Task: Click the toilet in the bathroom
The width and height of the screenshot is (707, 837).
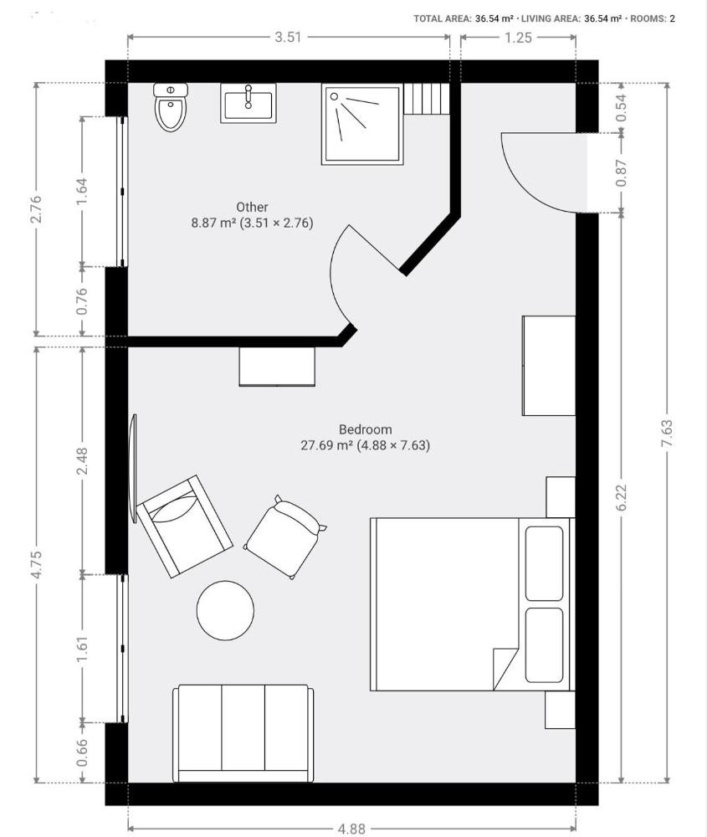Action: (171, 107)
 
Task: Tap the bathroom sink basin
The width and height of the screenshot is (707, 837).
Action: (248, 103)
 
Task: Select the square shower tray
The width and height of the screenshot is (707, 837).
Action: (362, 125)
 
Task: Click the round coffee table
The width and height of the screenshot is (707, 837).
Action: (225, 610)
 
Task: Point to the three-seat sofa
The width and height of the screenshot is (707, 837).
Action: (243, 733)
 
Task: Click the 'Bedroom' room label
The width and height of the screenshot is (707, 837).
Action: (366, 429)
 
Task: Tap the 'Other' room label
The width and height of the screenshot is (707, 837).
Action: (252, 207)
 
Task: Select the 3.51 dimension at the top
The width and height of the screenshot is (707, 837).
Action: (288, 37)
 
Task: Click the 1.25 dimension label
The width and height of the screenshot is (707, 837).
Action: (518, 37)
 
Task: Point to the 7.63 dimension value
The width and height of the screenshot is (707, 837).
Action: (667, 433)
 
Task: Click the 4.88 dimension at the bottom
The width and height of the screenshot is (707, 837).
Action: (351, 829)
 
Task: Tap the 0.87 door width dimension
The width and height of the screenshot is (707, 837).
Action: (622, 173)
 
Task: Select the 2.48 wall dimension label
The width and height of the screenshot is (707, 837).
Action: (82, 460)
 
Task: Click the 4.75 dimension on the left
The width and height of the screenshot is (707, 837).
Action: (36, 564)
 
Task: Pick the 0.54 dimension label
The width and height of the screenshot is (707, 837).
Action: (622, 108)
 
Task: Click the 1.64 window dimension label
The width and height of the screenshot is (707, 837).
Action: (82, 191)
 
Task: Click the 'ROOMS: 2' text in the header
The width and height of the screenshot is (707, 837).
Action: (653, 18)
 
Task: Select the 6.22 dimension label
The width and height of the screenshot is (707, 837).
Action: (622, 497)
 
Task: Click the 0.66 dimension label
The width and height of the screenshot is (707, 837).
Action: (82, 752)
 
